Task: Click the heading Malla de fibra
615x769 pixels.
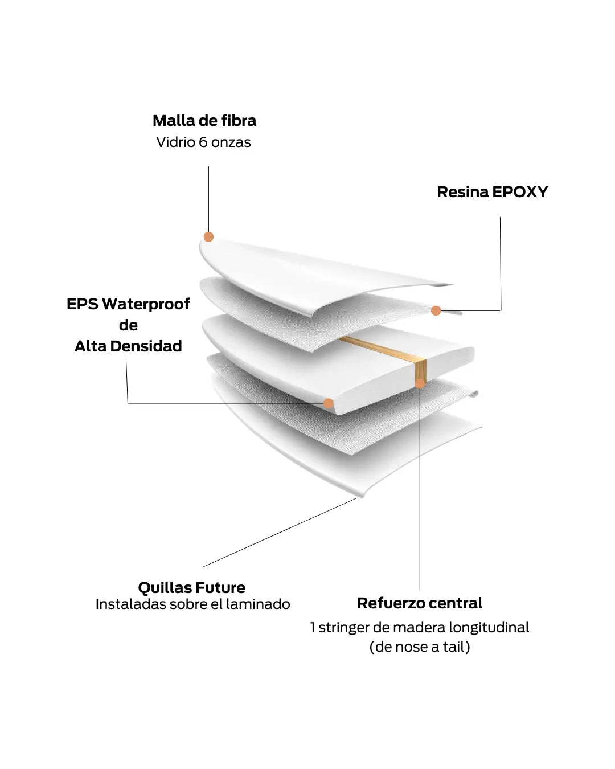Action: pos(204,121)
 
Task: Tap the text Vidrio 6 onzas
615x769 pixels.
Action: pos(203,142)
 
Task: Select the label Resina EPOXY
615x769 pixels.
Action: pos(492,192)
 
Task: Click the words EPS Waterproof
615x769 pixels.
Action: pos(128,304)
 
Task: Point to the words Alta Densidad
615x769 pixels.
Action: pos(128,346)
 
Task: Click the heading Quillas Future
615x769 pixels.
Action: pos(191,587)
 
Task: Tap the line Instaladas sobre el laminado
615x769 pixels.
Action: pos(192,604)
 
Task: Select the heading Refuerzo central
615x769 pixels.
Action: pos(420,603)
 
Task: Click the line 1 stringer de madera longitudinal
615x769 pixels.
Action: pos(420,628)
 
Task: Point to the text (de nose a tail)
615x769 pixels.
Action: pos(420,647)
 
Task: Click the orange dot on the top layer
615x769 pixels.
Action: pos(208,236)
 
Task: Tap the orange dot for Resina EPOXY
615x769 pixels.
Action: pos(436,310)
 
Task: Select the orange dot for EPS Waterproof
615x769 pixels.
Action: pos(329,403)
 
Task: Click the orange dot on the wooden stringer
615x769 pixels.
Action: pos(420,383)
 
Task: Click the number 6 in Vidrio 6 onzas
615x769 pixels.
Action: pos(203,142)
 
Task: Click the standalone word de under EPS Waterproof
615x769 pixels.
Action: pos(128,325)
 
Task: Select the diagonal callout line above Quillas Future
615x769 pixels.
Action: pos(280,532)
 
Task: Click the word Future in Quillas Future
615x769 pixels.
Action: pos(219,587)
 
